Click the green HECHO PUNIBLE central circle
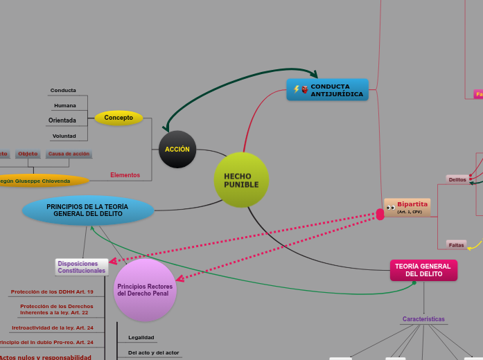coord(241,180)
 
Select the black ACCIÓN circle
coord(177,149)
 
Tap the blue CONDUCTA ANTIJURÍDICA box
coord(327,90)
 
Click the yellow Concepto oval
coord(118,118)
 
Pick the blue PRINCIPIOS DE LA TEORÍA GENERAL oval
coord(88,210)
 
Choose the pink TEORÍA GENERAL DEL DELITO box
coord(423,270)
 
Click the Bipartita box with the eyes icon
coord(407,207)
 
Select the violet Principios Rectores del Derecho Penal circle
coord(145,289)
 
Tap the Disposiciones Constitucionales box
coord(82,267)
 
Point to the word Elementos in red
coord(125,175)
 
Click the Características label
coord(423,319)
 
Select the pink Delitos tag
coord(457,179)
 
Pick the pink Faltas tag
coord(456,244)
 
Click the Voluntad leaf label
coord(64,136)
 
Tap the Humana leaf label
coord(65,105)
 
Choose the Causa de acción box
coord(69,154)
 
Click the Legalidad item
coord(141,338)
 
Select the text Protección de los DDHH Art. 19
coord(52,291)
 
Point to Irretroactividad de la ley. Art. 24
coord(53,327)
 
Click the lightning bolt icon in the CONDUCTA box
coord(297,89)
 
